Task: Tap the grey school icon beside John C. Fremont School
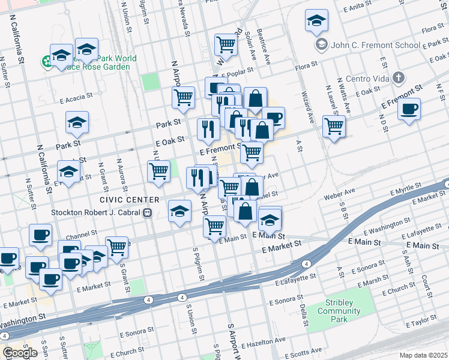click(322, 45)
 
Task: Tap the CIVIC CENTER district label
click(130, 199)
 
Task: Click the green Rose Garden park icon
click(46, 61)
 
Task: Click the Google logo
click(20, 353)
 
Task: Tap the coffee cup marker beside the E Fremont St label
click(409, 109)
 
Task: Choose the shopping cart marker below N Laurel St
click(334, 127)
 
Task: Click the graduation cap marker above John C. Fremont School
click(316, 21)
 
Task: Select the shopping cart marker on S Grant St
click(117, 246)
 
